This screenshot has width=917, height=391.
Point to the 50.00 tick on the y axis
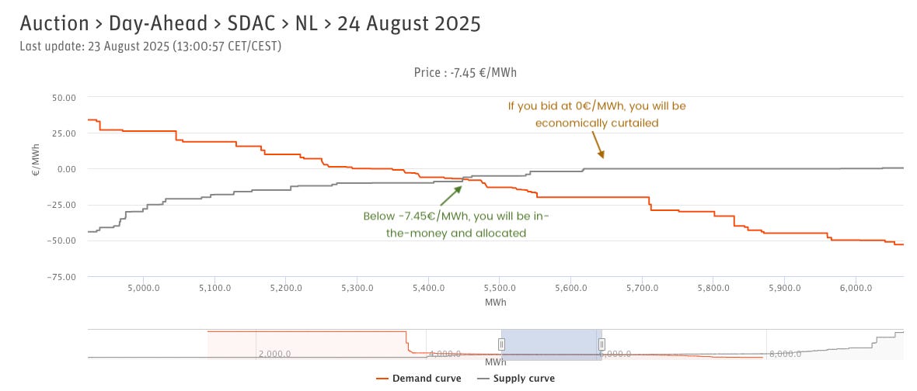pyautogui.click(x=64, y=98)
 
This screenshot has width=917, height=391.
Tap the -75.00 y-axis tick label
pyautogui.click(x=62, y=277)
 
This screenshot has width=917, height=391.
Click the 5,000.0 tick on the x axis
pyautogui.click(x=144, y=288)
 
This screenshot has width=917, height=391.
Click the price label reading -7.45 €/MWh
pyautogui.click(x=465, y=73)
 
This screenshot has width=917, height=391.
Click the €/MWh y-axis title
pyautogui.click(x=36, y=164)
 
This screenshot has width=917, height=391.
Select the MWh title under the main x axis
pyautogui.click(x=495, y=300)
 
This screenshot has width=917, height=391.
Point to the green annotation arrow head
pyautogui.click(x=461, y=186)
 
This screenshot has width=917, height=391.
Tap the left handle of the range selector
pyautogui.click(x=502, y=344)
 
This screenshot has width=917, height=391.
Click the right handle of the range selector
pyautogui.click(x=601, y=344)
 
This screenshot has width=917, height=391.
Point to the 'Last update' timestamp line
pyautogui.click(x=150, y=47)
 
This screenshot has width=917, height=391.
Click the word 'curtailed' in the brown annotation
pyautogui.click(x=636, y=123)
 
